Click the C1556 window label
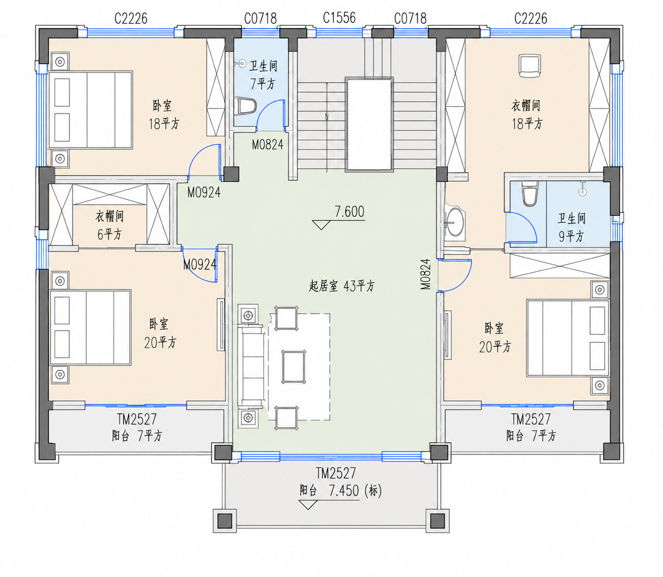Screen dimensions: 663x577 (x=339, y=18)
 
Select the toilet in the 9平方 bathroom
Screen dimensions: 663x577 (x=529, y=193)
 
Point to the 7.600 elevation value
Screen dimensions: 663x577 (x=349, y=212)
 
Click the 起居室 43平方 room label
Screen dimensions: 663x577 (x=342, y=286)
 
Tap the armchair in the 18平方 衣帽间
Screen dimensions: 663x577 (x=530, y=66)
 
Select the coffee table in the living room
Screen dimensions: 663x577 (x=293, y=366)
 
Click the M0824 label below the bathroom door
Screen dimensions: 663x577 (x=268, y=145)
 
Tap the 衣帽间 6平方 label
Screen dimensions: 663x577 (x=110, y=225)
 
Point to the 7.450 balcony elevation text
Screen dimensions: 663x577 (x=344, y=491)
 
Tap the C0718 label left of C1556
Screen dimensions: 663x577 (x=260, y=18)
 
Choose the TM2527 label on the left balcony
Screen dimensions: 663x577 (x=137, y=419)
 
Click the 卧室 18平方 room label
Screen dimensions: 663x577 (x=164, y=114)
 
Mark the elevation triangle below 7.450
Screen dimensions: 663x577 (x=308, y=505)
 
